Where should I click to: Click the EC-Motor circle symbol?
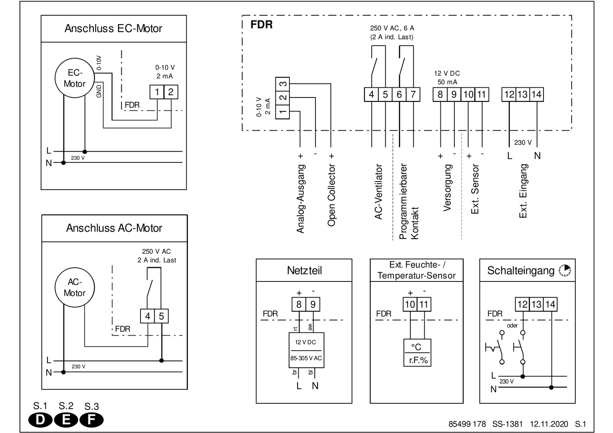pos(75,79)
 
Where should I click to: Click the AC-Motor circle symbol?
pos(75,287)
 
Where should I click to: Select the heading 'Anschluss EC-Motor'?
pos(114,29)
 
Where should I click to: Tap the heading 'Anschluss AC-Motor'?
pos(114,228)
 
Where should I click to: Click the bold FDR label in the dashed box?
pos(261,25)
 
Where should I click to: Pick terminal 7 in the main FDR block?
pos(413,95)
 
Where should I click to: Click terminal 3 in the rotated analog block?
pos(283,84)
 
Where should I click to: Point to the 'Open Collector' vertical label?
pos(332,195)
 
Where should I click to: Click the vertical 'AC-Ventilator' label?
pos(379,192)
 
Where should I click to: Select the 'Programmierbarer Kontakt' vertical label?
pos(409,201)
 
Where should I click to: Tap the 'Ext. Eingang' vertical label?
pos(523,191)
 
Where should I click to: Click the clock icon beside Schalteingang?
pos(565,271)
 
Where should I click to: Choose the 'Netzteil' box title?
pos(304,271)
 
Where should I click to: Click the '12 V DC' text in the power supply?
pos(305,342)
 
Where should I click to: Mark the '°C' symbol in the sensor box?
pos(416,347)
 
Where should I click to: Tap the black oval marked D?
pos(41,420)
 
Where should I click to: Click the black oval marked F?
pos(92,420)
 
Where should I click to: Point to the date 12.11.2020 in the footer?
pos(549,424)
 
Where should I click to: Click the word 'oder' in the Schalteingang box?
pos(512,326)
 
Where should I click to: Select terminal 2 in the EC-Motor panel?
pos(171,92)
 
